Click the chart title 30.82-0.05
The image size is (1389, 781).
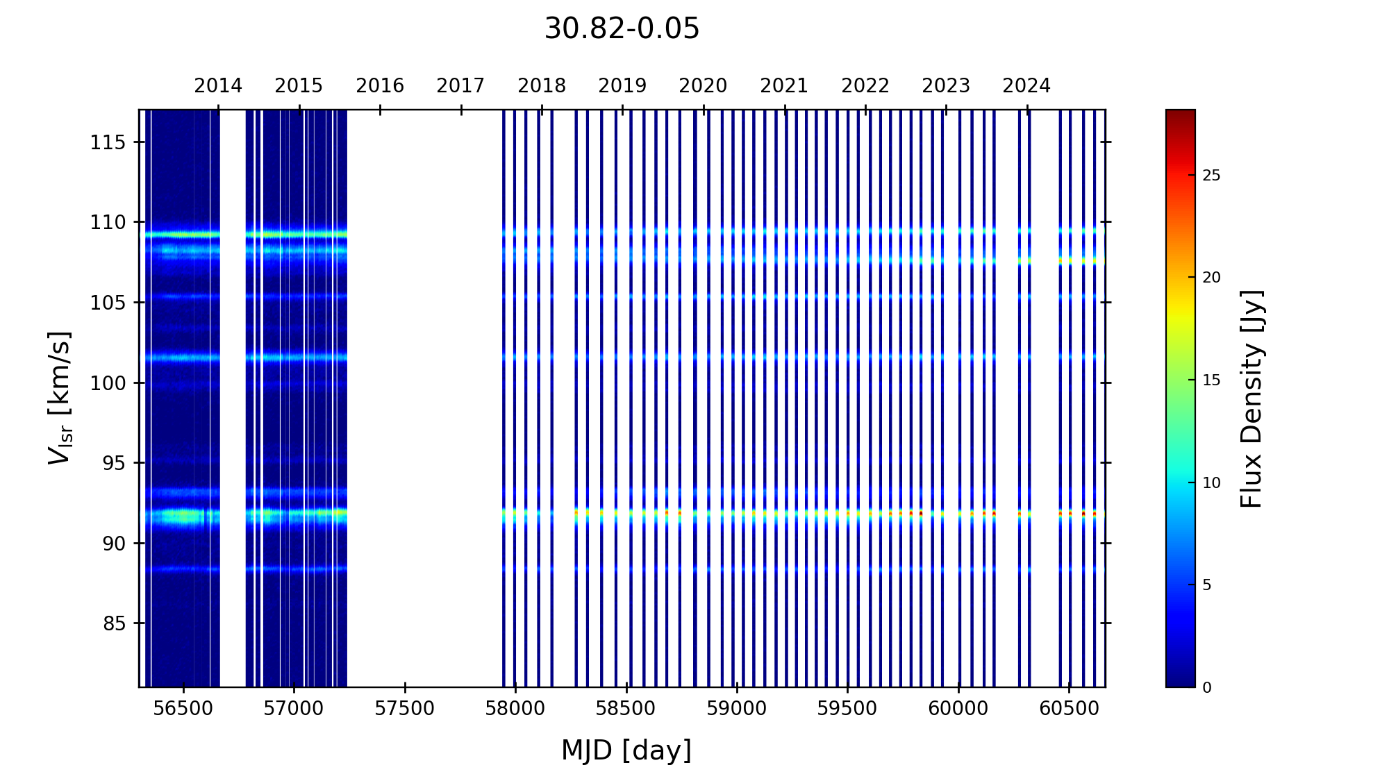(622, 29)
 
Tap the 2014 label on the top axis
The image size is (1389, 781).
(218, 86)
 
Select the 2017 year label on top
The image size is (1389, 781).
(460, 86)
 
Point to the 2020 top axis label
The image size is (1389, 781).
(703, 86)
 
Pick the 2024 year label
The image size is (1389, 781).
(1026, 86)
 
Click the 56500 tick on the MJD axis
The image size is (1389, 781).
(183, 709)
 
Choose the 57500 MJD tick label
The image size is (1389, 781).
(405, 709)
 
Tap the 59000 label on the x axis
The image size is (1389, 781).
(737, 709)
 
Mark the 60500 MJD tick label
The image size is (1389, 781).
(1069, 709)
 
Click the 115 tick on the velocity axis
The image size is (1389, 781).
(108, 143)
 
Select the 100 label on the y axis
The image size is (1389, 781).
(108, 383)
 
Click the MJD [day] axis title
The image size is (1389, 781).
(626, 751)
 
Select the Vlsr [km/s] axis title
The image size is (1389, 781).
(60, 398)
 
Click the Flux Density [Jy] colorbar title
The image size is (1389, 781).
(1251, 398)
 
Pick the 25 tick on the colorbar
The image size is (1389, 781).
(1211, 176)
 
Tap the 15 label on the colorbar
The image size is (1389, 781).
(1211, 381)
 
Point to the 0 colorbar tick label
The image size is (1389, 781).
(1207, 688)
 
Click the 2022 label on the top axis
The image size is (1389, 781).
(865, 86)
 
